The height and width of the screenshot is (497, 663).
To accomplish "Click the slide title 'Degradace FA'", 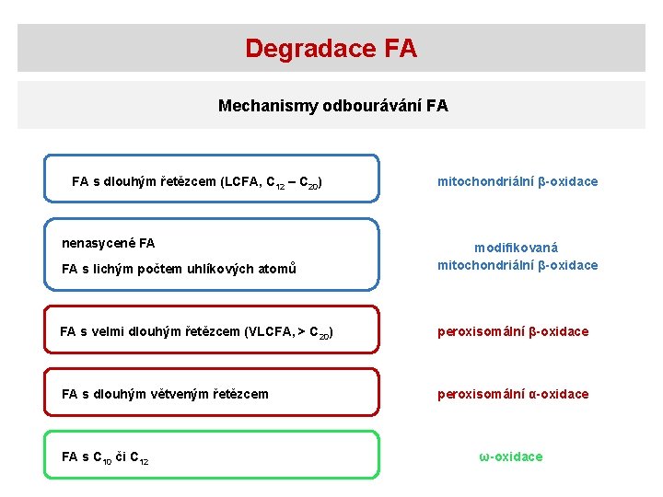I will pos(331,48).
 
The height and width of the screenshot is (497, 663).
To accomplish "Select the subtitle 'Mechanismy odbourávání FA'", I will pos(332,106).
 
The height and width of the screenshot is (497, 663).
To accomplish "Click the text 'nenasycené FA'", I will pos(108,243).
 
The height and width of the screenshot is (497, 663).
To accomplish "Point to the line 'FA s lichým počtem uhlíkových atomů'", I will pos(179,269).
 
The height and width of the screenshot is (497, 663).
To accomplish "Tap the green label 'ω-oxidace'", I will pos(510,457).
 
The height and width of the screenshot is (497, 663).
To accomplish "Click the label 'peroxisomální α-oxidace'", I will pos(512,394).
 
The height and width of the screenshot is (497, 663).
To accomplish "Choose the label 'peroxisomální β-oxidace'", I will pos(512,331).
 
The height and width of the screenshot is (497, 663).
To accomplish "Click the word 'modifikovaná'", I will pos(516,248).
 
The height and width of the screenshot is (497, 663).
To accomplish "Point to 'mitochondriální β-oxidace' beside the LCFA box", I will pos(517,181).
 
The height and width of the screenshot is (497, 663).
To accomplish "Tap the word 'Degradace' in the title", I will pos(302,48).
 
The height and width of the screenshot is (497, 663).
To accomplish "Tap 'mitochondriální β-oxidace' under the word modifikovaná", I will pos(517,265).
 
